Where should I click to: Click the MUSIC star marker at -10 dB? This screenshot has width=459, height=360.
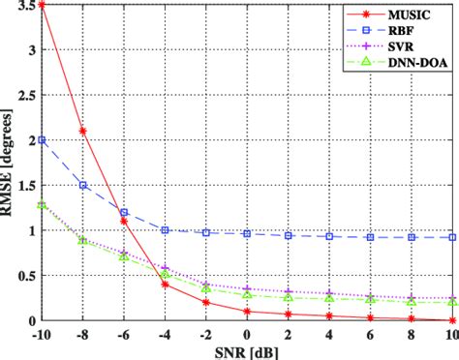pyautogui.click(x=41, y=5)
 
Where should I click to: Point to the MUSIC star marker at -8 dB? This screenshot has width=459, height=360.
pyautogui.click(x=82, y=131)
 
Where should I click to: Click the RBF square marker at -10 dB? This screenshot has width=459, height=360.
pyautogui.click(x=41, y=139)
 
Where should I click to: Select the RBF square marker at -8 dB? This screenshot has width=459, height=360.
pyautogui.click(x=82, y=185)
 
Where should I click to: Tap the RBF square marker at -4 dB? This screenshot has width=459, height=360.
pyautogui.click(x=166, y=230)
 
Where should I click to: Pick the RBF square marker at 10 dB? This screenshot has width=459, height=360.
pyautogui.click(x=454, y=237)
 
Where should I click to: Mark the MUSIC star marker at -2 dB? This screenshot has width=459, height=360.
pyautogui.click(x=206, y=302)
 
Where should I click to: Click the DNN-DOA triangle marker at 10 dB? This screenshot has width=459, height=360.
pyautogui.click(x=454, y=302)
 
